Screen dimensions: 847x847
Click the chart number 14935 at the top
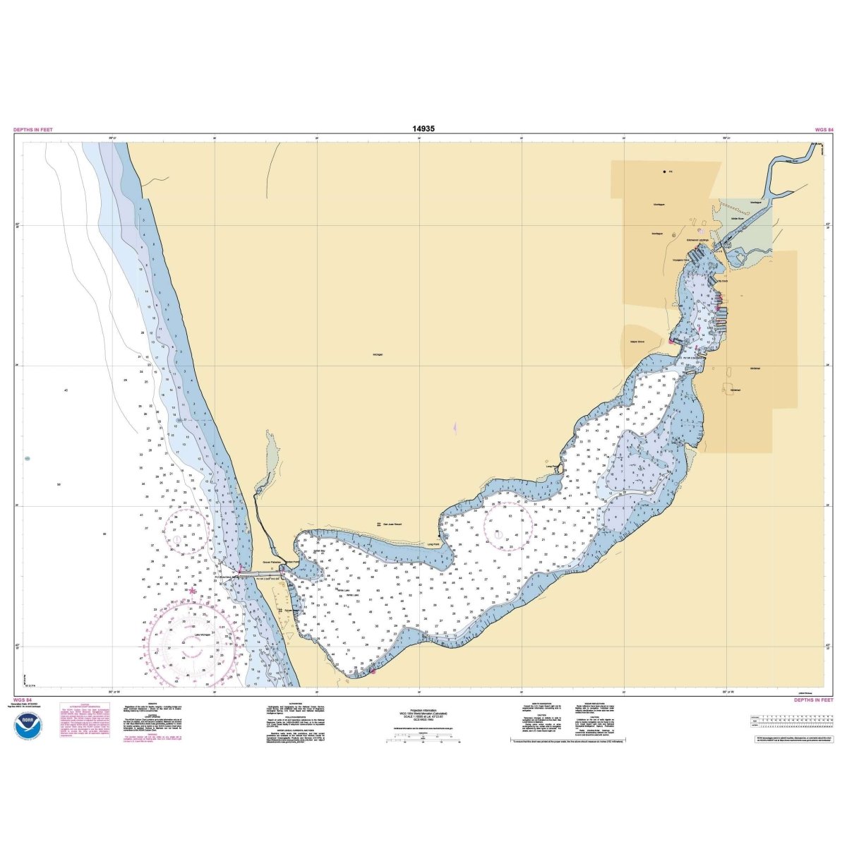click(x=423, y=129)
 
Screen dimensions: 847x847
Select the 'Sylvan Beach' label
click(x=293, y=610)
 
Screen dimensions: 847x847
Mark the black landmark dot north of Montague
click(x=664, y=172)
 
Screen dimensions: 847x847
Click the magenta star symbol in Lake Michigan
click(x=193, y=591)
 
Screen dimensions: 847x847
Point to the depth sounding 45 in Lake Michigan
click(x=65, y=390)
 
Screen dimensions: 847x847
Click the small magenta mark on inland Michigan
click(x=455, y=428)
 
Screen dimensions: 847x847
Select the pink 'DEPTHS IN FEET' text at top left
click(x=32, y=130)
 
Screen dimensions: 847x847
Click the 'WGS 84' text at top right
click(x=824, y=130)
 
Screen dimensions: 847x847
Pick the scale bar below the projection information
click(x=423, y=741)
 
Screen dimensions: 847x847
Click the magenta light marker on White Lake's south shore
click(x=373, y=671)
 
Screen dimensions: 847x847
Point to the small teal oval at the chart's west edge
click(x=27, y=459)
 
